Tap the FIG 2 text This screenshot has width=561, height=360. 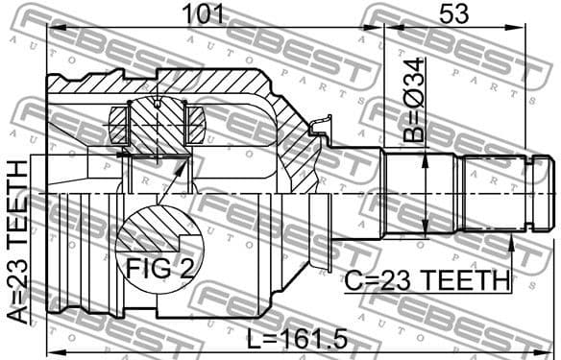tap(159, 266)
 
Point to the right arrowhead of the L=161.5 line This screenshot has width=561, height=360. tap(546, 349)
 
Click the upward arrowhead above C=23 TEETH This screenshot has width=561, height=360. tap(512, 241)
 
